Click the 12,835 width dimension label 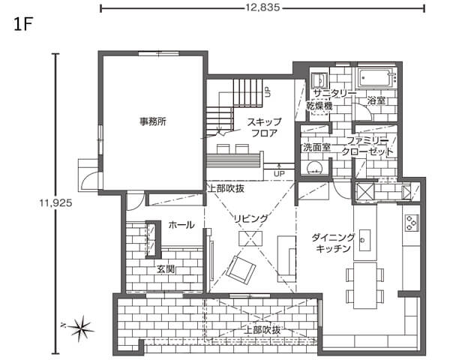point(262,7)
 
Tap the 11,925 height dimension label point(55,202)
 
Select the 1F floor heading point(22,25)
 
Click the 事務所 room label point(153,121)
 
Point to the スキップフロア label point(264,127)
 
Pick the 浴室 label point(376,100)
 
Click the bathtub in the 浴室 point(376,78)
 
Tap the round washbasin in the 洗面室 point(313,168)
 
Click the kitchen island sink point(364,240)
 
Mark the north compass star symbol point(80,328)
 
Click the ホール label point(181,225)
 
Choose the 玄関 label point(166,269)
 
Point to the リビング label point(251,219)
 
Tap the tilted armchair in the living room point(241,270)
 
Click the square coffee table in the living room point(250,238)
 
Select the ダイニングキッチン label point(333,243)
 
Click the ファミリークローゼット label point(367,146)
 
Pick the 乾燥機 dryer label point(319,106)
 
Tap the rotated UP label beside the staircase point(268,92)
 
